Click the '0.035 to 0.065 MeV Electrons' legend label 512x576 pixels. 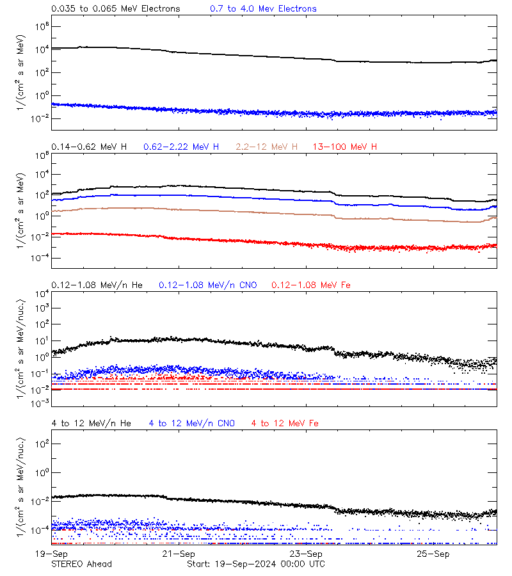(115, 9)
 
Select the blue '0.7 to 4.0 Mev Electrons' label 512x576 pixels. (263, 9)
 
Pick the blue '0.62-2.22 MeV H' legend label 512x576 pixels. (182, 147)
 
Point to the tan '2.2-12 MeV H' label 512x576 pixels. (267, 147)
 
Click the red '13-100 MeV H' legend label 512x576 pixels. (345, 147)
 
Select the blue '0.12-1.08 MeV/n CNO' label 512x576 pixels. (207, 285)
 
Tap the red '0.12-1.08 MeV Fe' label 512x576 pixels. (311, 285)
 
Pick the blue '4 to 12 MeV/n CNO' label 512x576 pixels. (191, 423)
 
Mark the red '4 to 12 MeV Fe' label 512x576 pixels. (285, 423)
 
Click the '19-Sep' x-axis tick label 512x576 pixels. (51, 554)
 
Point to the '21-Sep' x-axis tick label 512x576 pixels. (179, 554)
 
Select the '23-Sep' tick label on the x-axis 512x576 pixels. (306, 554)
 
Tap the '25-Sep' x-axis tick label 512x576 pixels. (433, 554)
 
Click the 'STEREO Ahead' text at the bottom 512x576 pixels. (81, 564)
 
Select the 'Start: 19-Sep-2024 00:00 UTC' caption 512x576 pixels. (255, 564)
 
